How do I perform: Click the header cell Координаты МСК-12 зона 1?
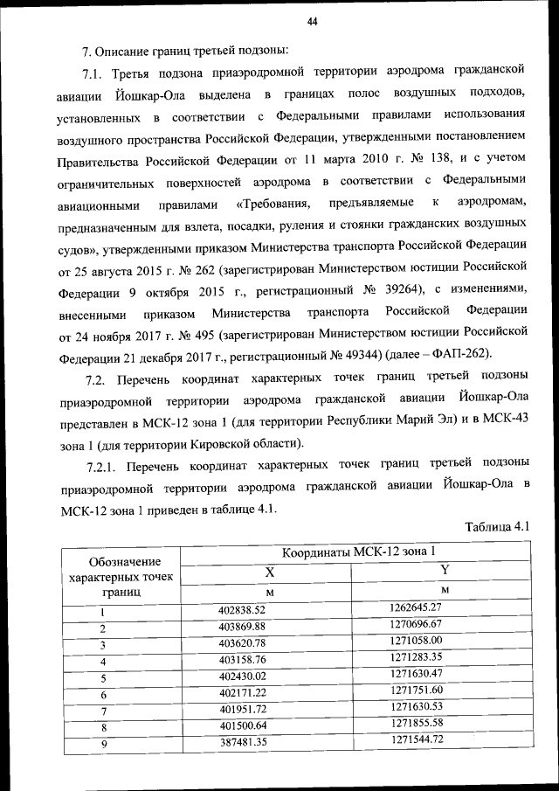[358, 552]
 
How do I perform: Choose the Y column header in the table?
[444, 572]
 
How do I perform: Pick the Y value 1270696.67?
[417, 625]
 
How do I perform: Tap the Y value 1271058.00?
[417, 642]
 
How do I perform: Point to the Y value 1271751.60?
[417, 691]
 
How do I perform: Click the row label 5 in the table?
[103, 677]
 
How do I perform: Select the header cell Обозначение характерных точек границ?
[114, 575]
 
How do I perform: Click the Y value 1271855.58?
[417, 724]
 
